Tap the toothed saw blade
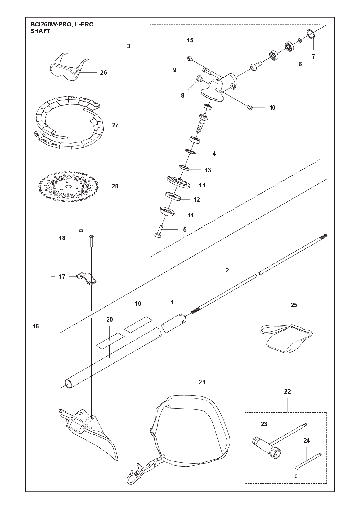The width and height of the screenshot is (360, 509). pyautogui.click(x=69, y=186)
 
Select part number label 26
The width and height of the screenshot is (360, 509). pyautogui.click(x=104, y=73)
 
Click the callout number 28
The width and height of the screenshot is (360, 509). pyautogui.click(x=115, y=186)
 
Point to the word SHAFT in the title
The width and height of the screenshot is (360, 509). pyautogui.click(x=40, y=31)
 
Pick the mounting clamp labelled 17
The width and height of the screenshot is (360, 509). pyautogui.click(x=86, y=278)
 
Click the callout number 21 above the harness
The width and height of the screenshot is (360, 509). pyautogui.click(x=202, y=382)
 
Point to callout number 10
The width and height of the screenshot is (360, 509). pyautogui.click(x=272, y=108)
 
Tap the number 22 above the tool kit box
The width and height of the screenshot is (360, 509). pyautogui.click(x=287, y=391)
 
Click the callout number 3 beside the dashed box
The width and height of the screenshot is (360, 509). pyautogui.click(x=129, y=46)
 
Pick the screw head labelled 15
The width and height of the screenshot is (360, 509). pyautogui.click(x=190, y=59)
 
